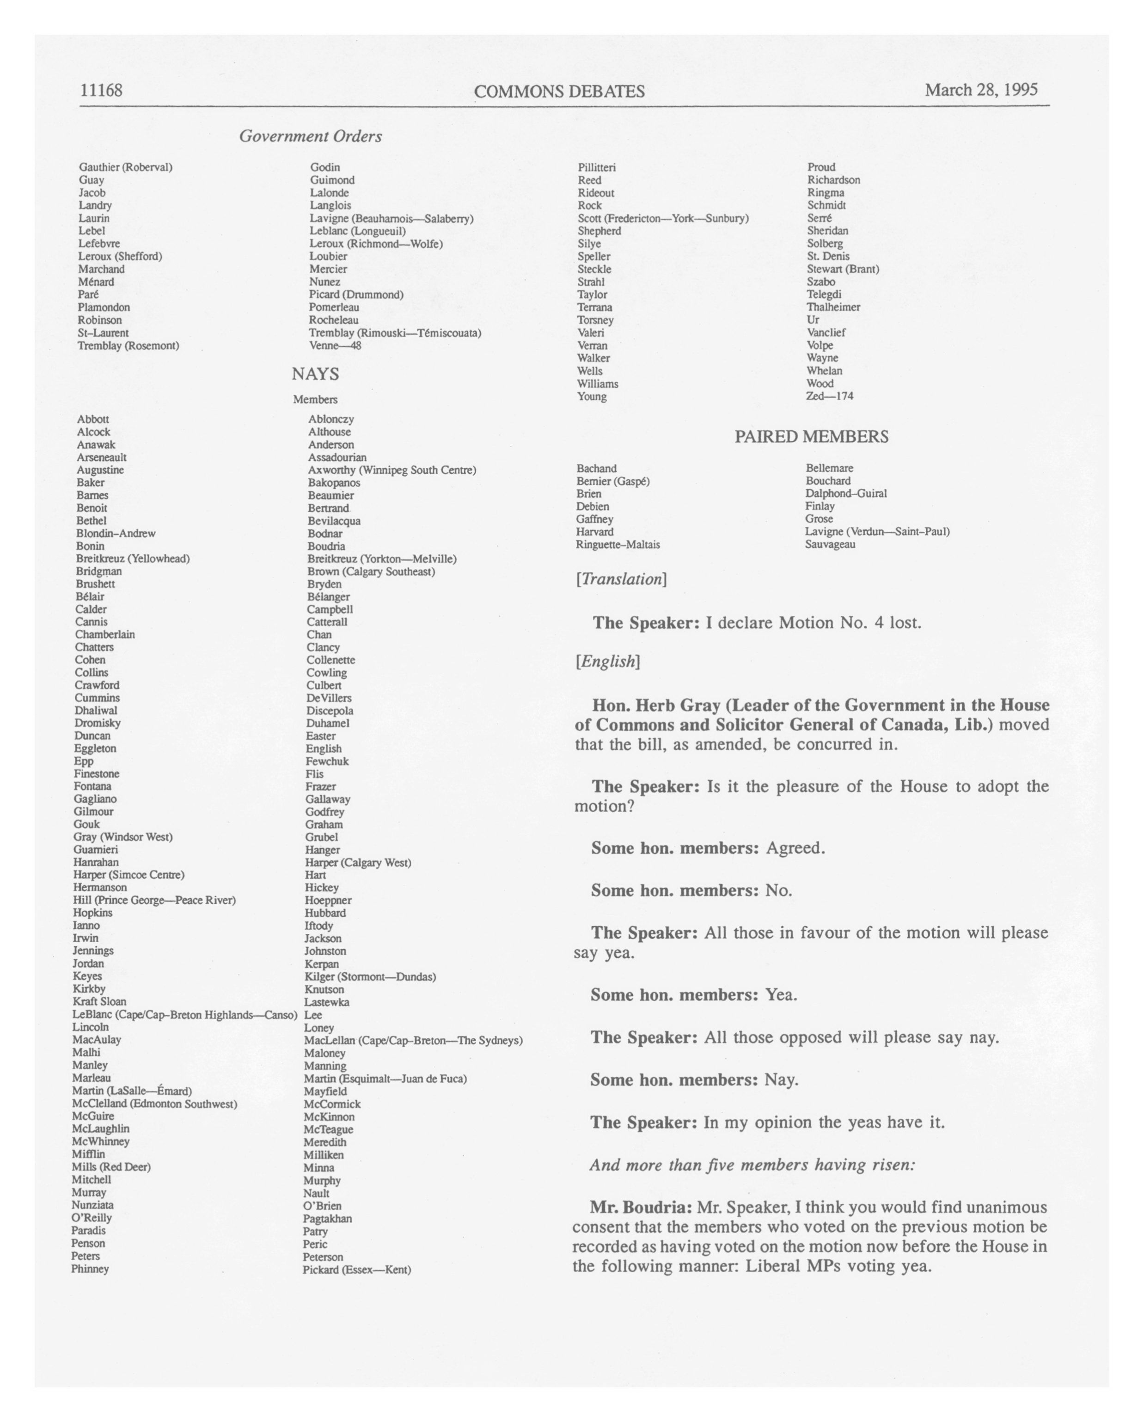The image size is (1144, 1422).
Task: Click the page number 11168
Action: tap(101, 90)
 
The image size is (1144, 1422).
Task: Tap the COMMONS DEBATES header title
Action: tap(559, 92)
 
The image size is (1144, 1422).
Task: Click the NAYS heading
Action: tap(315, 374)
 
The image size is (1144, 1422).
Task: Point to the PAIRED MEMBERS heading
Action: tap(811, 436)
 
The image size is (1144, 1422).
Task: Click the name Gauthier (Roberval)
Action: tap(125, 167)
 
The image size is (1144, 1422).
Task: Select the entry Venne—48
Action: tap(335, 346)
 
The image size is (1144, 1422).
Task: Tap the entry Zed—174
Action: tap(830, 396)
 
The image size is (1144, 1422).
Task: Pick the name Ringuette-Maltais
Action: tap(618, 545)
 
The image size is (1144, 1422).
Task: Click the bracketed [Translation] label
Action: tap(621, 579)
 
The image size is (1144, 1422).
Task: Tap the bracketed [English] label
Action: tap(607, 662)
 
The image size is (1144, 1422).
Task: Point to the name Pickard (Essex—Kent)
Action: tap(357, 1269)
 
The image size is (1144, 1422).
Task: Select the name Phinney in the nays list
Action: tap(90, 1269)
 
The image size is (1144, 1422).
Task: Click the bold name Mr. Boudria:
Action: tap(640, 1207)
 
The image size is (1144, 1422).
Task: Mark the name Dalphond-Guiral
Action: tap(846, 493)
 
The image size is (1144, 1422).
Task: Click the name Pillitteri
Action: tap(597, 167)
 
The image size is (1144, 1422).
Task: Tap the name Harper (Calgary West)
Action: tap(358, 863)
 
